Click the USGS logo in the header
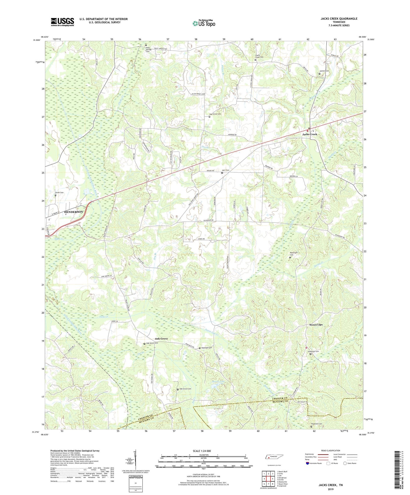click(62, 22)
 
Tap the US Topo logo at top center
click(204, 23)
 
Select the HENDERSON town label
click(73, 212)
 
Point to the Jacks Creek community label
click(310, 134)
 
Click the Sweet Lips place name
click(316, 325)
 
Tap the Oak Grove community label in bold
click(161, 339)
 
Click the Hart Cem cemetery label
click(226, 170)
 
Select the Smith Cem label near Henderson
click(59, 192)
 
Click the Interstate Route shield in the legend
click(308, 463)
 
